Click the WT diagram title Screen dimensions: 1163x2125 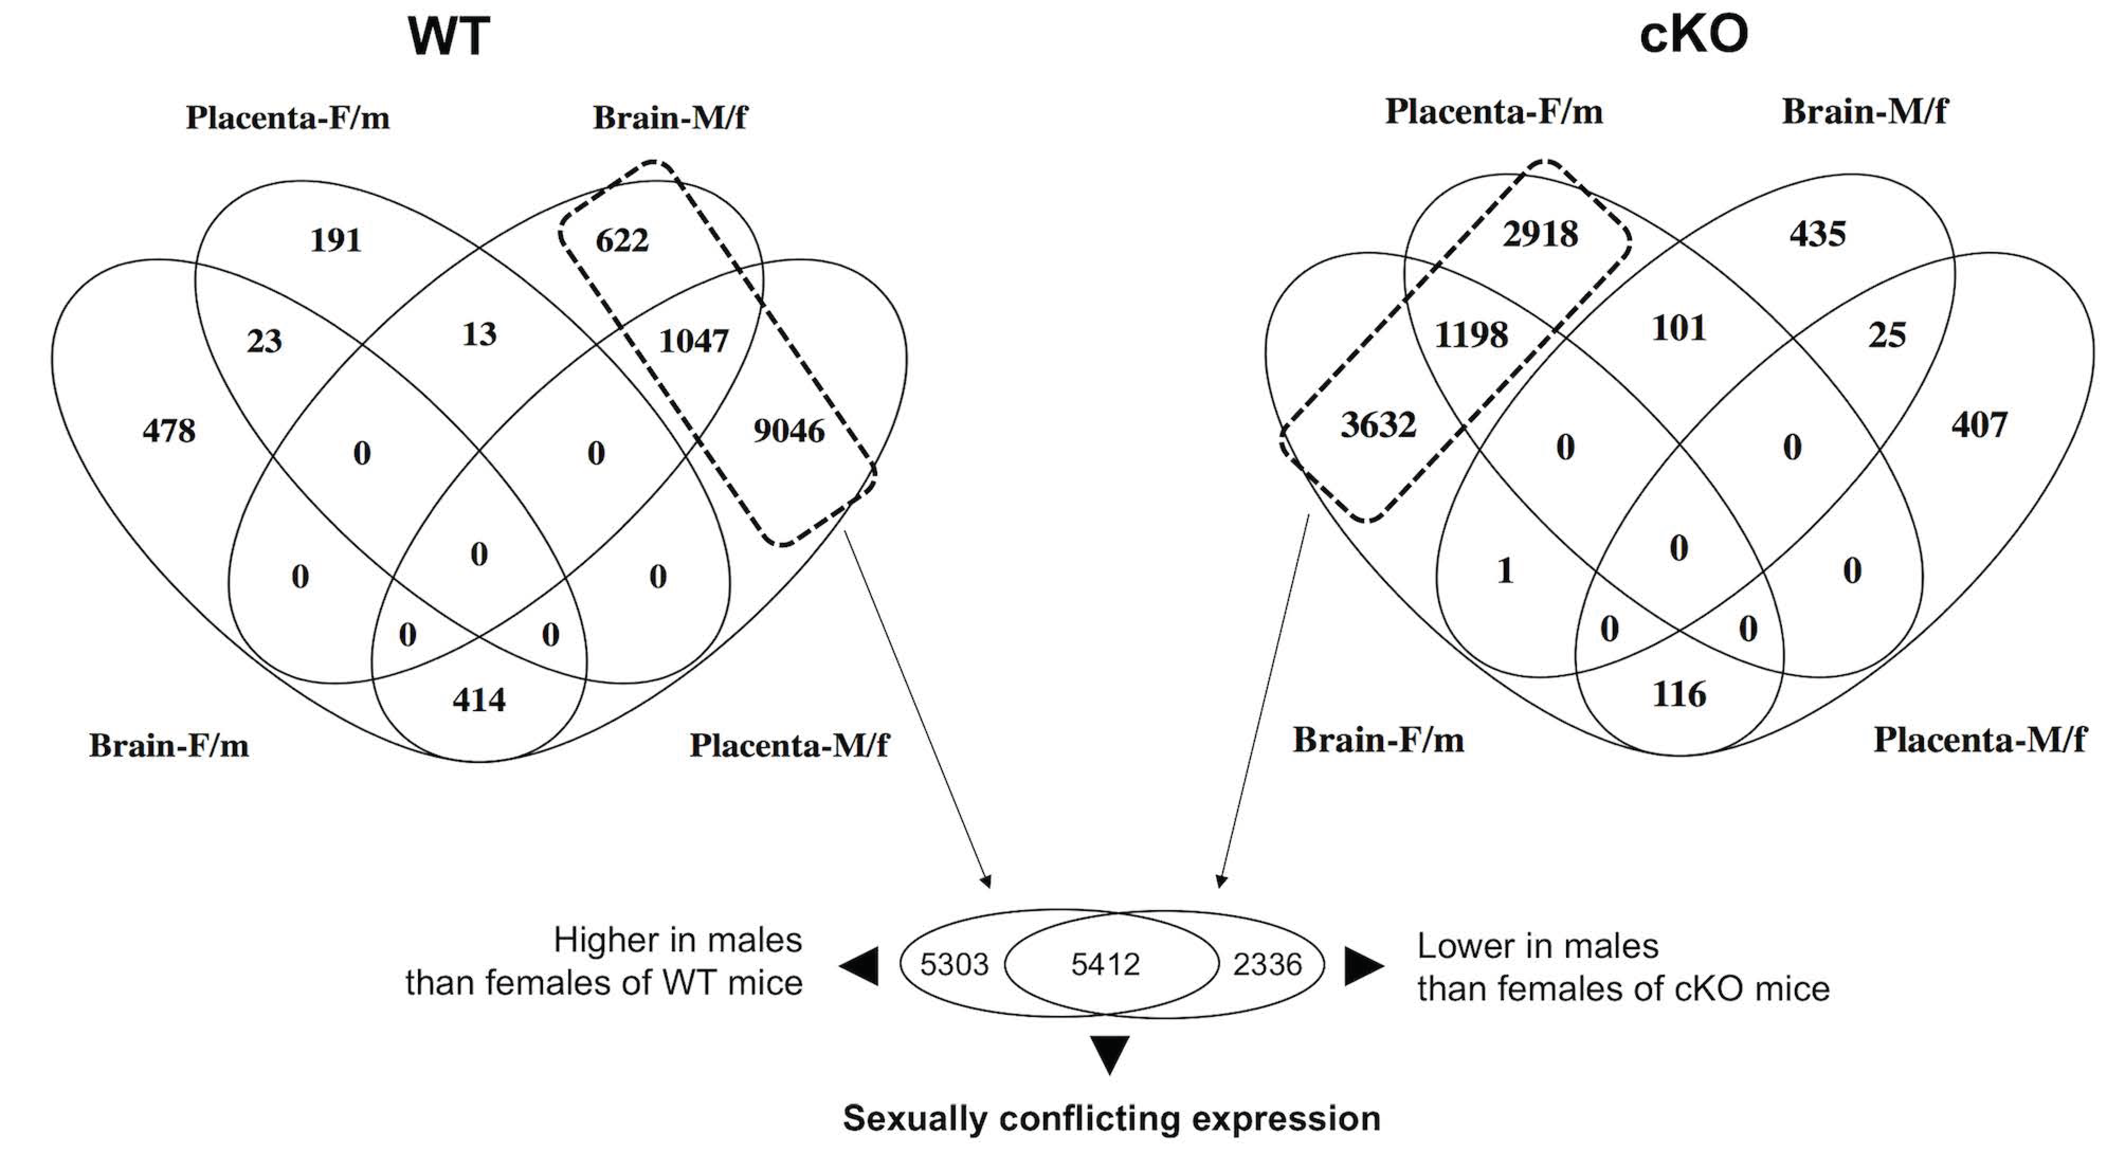pos(449,37)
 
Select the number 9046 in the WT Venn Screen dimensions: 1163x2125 pos(788,431)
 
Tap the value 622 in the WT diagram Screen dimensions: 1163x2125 pos(622,240)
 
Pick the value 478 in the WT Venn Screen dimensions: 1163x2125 pos(169,431)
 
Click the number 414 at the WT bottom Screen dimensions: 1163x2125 pos(478,700)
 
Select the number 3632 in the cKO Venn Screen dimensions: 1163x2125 pos(1378,425)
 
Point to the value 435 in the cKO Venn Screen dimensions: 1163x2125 pos(1817,234)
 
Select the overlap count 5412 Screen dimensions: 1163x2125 pos(1105,964)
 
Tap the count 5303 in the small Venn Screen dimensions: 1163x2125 pos(953,964)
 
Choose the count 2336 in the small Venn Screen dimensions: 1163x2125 pos(1267,964)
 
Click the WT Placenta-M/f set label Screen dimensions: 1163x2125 pos(788,746)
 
